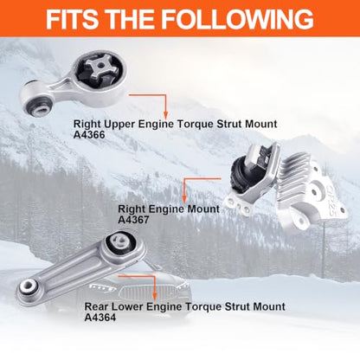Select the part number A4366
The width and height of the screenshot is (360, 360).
pos(89,135)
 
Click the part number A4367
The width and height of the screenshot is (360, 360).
pos(133,220)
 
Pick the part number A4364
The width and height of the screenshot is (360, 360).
pos(100,318)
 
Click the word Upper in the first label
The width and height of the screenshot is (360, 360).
pos(119,125)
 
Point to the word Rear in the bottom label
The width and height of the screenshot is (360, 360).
pos(96,306)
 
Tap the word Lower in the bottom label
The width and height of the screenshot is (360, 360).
pos(127,306)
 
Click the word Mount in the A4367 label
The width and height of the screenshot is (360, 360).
pos(203,209)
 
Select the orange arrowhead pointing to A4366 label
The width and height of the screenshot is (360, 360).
pos(165,114)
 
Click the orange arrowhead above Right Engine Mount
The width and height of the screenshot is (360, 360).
pos(184,198)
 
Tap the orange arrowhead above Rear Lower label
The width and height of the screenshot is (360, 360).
pos(155,296)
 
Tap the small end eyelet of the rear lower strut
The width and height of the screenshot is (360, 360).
pos(29,286)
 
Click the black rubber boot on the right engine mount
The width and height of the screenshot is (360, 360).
pos(239,177)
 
